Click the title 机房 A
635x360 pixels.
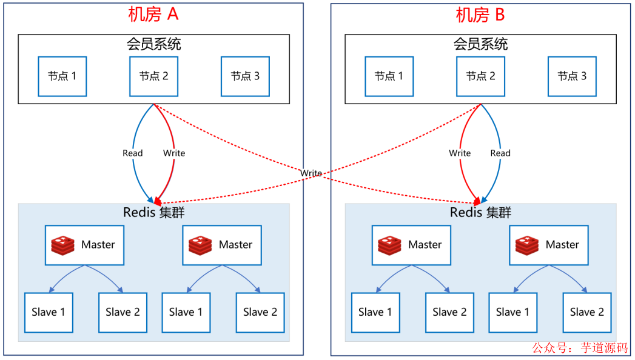point(153,15)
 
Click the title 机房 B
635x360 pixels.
point(480,15)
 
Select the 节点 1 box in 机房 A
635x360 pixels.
point(62,76)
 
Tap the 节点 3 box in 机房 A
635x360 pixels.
point(245,76)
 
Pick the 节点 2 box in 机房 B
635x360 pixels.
point(480,76)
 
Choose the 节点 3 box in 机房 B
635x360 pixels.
point(572,76)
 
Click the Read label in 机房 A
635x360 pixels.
point(132,153)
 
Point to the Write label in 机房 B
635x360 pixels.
point(460,153)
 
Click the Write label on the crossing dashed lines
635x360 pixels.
point(311,173)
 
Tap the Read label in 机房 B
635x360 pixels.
point(500,153)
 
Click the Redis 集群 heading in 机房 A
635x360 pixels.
point(153,213)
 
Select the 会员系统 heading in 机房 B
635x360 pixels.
point(480,44)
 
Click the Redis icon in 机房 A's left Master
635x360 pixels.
point(63,245)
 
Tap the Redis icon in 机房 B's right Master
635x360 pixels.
point(527,245)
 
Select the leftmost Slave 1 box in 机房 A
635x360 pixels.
point(49,312)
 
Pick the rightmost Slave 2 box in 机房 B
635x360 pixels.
point(586,312)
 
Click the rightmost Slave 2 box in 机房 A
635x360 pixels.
point(260,312)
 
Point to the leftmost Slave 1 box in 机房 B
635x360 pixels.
point(375,312)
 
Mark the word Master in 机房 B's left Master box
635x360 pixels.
point(425,245)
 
